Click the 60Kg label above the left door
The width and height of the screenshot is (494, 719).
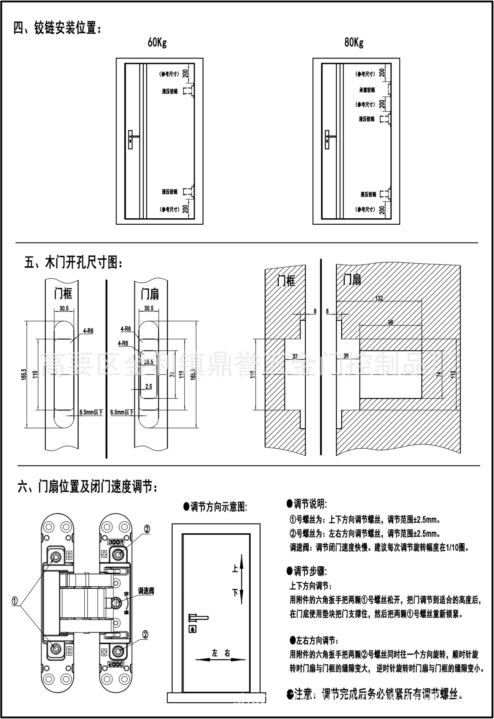point(157,43)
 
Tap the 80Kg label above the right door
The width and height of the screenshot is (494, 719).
point(354,43)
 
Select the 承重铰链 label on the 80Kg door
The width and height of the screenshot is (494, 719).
point(367,90)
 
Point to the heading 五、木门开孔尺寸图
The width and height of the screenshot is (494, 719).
point(73,263)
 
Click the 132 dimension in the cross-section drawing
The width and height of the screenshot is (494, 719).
point(379,298)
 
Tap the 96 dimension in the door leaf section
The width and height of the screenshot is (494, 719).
point(391,322)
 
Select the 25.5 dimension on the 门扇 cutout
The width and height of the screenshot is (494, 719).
point(149,362)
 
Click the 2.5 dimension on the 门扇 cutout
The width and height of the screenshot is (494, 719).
point(149,386)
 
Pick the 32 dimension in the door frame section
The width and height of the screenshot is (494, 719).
point(295,357)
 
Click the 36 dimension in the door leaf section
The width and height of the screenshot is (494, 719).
point(346,356)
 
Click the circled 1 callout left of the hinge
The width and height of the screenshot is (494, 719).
point(15,601)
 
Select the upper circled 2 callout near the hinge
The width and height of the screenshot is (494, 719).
point(147,529)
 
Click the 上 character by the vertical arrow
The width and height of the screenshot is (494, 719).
point(235,569)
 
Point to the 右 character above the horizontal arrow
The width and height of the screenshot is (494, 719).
point(227,653)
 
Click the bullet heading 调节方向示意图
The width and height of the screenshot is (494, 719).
point(215,507)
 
